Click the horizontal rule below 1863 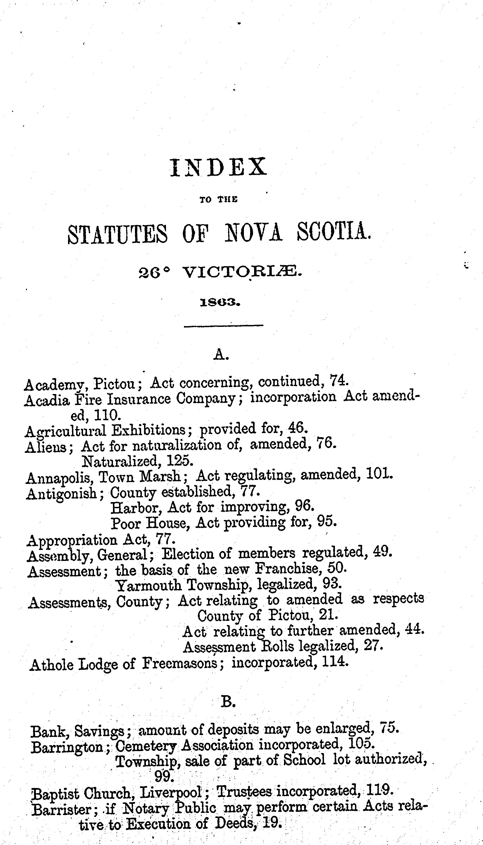[224, 326]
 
